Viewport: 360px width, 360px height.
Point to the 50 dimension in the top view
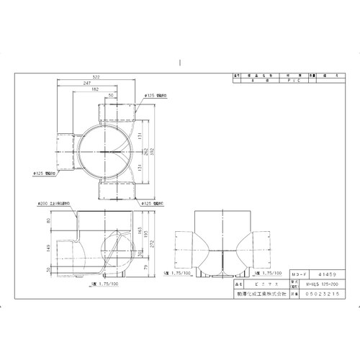coord(111,94)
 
